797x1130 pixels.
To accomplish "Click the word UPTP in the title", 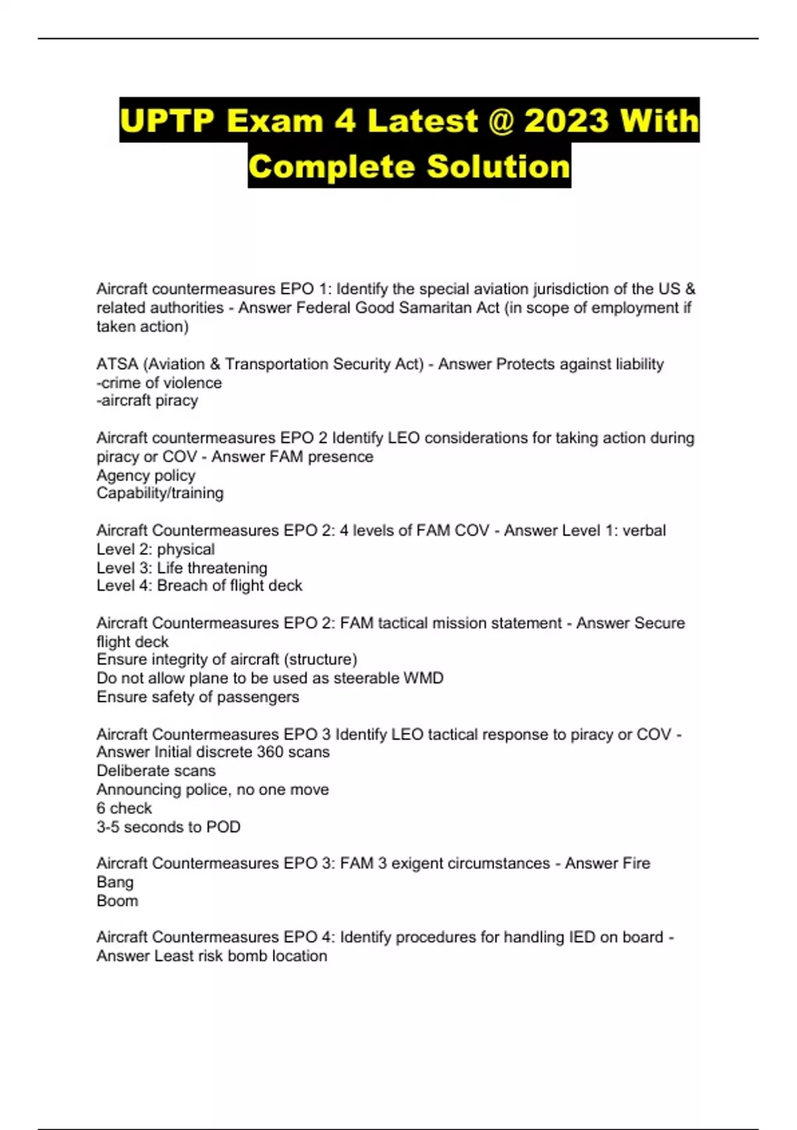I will coord(167,121).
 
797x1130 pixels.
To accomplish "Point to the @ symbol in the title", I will coord(503,121).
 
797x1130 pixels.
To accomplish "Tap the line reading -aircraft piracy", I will coord(147,401).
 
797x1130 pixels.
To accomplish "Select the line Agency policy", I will coord(146,475).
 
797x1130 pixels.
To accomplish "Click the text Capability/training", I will coord(160,493).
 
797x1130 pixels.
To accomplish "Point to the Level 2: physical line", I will coord(155,549).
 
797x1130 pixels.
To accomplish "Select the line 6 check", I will coord(124,808).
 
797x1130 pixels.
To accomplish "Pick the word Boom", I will coord(118,901).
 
